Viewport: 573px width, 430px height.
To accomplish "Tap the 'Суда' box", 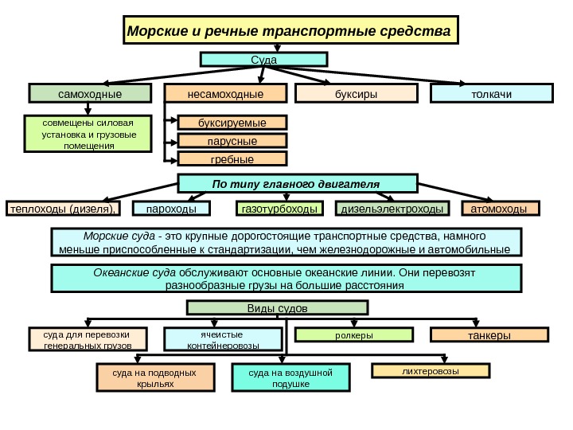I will (263, 60).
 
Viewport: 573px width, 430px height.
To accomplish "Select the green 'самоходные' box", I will (90, 94).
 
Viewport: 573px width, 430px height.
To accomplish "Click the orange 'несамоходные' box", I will (225, 94).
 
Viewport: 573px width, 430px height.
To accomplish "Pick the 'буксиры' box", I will (356, 94).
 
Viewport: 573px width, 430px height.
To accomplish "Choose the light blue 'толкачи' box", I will (491, 94).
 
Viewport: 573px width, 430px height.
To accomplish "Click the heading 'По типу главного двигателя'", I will (297, 184).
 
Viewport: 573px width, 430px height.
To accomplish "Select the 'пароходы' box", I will (171, 209).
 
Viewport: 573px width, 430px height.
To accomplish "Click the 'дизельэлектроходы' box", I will (392, 209).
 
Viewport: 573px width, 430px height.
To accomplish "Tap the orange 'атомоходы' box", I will (500, 209).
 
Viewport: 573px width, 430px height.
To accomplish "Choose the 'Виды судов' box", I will (278, 308).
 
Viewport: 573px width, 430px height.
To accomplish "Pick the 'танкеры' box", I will (489, 336).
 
